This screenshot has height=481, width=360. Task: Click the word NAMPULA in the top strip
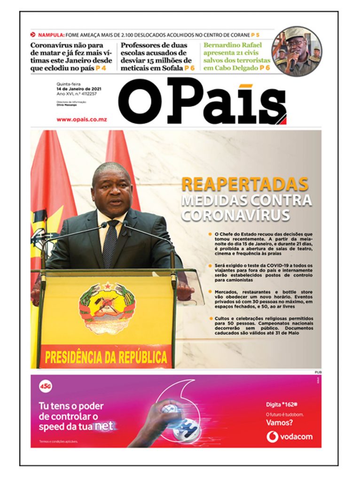51,35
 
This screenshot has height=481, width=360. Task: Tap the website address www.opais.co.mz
81,119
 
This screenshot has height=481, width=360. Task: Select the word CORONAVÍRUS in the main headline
235,216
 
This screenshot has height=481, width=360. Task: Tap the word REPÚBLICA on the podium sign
136,357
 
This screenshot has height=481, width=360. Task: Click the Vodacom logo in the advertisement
290,436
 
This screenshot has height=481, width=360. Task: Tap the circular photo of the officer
297,51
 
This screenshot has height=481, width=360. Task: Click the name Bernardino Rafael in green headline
230,46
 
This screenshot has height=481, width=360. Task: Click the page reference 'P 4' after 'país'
101,69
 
